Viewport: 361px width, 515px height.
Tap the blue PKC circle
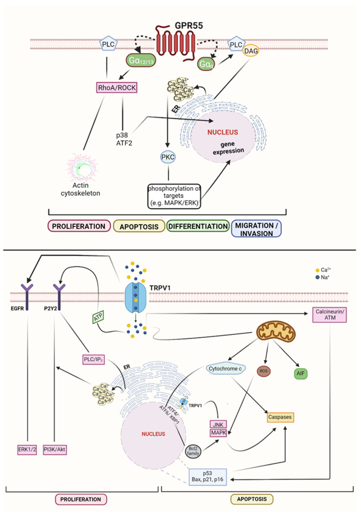tap(168, 157)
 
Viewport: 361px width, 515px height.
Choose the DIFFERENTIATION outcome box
tap(197, 226)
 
